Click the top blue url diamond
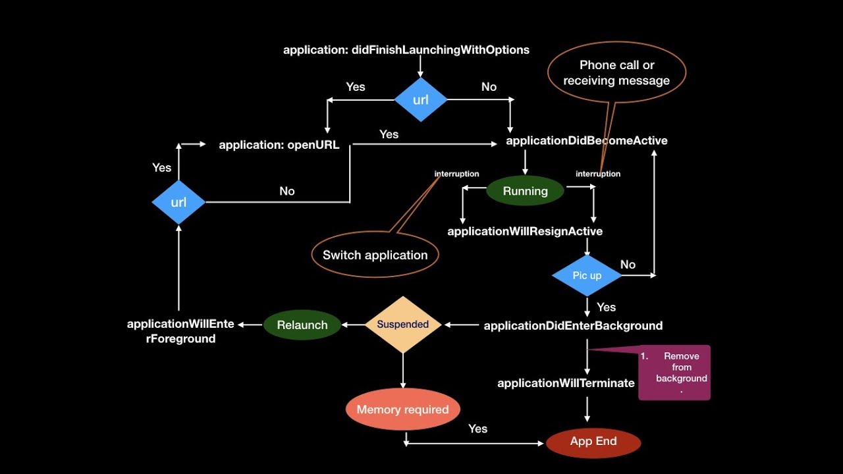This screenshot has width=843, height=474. click(421, 100)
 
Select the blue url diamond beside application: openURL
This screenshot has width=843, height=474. click(178, 202)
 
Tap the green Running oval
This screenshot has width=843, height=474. click(525, 191)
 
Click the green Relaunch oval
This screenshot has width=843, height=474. click(302, 325)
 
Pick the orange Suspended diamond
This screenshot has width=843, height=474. click(403, 325)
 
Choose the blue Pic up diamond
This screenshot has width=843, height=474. click(587, 275)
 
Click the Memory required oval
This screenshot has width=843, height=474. click(402, 409)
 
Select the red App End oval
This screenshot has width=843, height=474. click(593, 442)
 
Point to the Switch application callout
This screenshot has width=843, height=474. click(375, 255)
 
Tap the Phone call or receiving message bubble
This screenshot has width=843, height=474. click(616, 73)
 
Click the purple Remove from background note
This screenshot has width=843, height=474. click(674, 372)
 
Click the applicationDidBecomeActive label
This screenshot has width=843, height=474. click(587, 140)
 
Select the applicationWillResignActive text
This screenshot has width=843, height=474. click(525, 231)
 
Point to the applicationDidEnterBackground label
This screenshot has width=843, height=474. click(573, 325)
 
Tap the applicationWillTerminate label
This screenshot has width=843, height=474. click(566, 382)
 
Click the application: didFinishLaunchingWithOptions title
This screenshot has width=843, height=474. click(406, 49)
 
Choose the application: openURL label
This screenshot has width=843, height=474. click(279, 145)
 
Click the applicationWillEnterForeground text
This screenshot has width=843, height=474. click(180, 331)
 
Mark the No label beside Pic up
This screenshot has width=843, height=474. click(628, 264)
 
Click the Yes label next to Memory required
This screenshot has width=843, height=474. click(477, 429)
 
